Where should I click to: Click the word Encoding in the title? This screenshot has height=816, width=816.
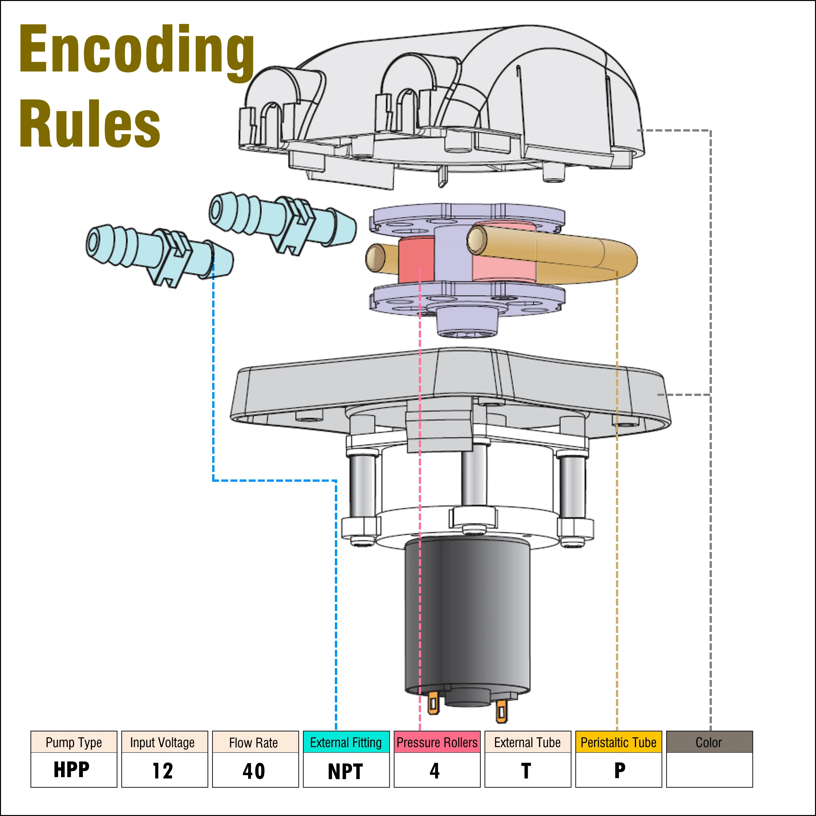coord(136,50)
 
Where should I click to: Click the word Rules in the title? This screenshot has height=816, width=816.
coord(89,123)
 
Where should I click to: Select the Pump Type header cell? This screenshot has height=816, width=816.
coord(73,742)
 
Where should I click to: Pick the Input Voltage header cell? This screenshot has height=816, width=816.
coord(163,742)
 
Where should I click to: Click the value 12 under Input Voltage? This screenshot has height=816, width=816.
coord(163,770)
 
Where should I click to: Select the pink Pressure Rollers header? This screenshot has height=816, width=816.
coord(437,742)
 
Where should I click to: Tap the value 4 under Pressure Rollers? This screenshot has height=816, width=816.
coord(435,770)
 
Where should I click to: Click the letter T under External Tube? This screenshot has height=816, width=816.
coord(526,770)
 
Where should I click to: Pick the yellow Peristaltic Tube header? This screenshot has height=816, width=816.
coord(618,742)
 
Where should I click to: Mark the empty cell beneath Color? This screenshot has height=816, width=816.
coord(709,770)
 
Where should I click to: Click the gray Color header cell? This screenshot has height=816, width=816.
coord(709,742)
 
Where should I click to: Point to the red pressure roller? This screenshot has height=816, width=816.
coord(416,260)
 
